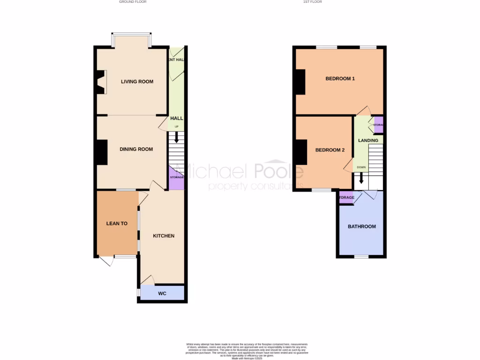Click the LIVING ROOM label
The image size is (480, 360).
[137, 82]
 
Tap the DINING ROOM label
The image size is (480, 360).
[136, 150]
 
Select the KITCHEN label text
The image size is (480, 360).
[164, 236]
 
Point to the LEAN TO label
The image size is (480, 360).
[117, 224]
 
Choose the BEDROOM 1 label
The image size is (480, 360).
[340, 79]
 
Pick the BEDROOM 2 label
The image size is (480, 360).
[330, 150]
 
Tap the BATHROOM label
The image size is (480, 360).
[361, 227]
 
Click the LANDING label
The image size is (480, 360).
[368, 141]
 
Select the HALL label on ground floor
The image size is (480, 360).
[176, 119]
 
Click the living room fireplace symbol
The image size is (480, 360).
[101, 82]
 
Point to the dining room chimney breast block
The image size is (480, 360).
[102, 152]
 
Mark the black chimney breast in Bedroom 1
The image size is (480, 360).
[300, 82]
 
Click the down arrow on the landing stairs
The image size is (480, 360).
[361, 179]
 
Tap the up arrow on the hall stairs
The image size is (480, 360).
[176, 137]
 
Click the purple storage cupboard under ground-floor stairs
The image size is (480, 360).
[176, 178]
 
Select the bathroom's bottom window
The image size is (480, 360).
[361, 257]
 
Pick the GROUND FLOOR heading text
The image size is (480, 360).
[133, 2]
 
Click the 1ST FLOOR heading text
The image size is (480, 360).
[313, 2]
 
